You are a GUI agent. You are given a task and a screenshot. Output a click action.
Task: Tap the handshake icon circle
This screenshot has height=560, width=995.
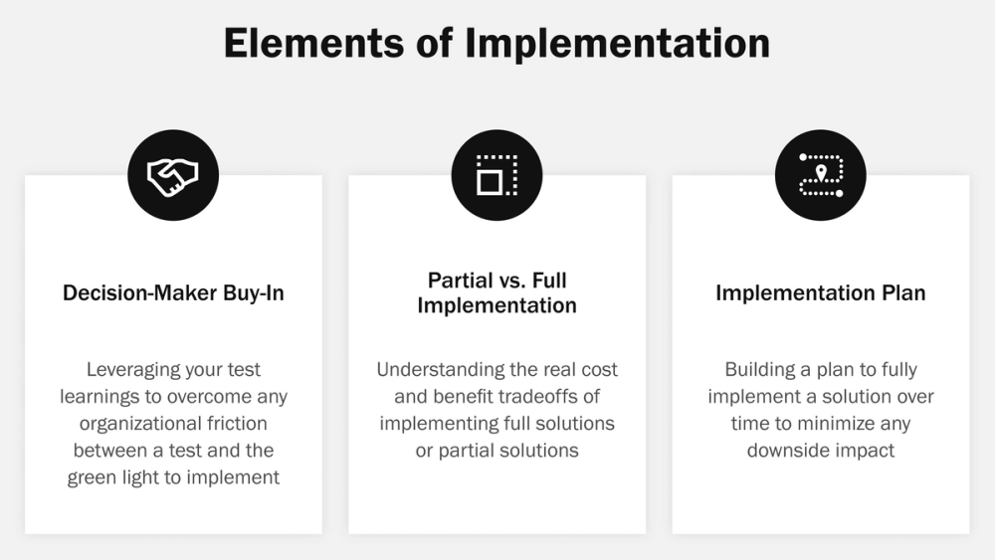click(x=173, y=176)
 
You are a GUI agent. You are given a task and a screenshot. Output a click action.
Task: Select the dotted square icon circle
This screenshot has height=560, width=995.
click(x=497, y=176)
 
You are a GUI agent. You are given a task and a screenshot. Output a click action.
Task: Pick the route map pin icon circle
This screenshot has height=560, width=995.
click(x=820, y=176)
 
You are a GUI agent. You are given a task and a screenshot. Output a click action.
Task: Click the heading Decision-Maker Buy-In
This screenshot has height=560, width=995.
click(x=173, y=292)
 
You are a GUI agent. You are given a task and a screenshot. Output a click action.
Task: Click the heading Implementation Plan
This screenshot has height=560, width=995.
click(x=820, y=292)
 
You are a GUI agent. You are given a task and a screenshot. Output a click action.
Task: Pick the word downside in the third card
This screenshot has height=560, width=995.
click(x=791, y=451)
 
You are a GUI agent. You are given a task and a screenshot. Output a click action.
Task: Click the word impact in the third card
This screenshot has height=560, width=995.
click(x=866, y=451)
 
